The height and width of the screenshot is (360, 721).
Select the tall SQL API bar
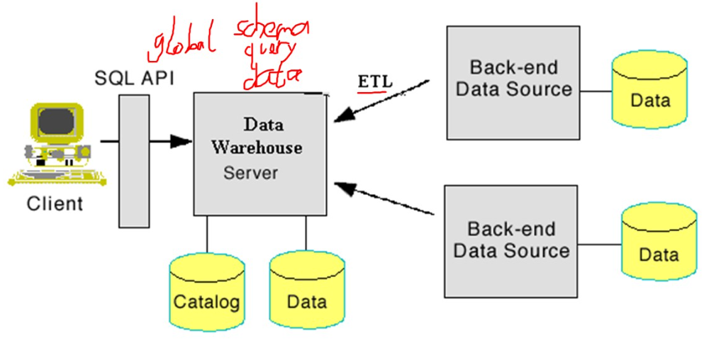pos(134,161)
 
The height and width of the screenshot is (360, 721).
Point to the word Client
pos(55,204)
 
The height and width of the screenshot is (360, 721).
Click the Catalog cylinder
pos(206,295)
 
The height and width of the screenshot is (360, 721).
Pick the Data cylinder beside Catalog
pos(306,295)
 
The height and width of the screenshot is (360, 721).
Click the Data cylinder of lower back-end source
pos(659,244)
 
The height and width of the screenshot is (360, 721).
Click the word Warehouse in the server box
pos(257,147)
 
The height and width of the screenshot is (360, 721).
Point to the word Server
pos(251,172)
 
